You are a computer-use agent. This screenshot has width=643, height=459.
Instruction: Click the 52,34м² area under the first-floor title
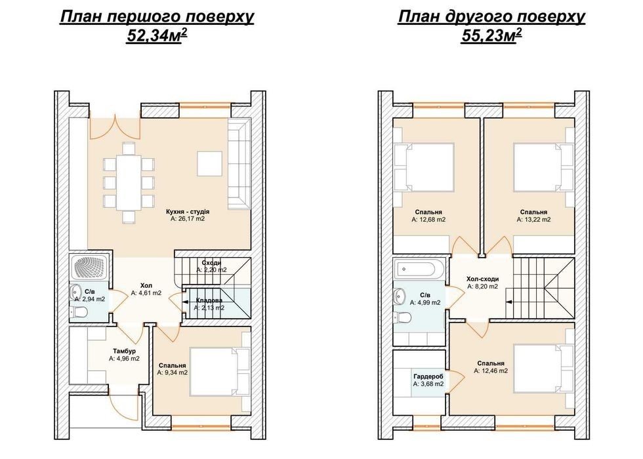point(157,36)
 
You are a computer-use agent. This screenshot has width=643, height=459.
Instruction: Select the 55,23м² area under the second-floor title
point(491,36)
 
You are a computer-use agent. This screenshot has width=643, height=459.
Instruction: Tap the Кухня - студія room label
point(188,212)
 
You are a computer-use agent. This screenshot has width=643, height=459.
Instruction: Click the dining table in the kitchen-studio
point(129,182)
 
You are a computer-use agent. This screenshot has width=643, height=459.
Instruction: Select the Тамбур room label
point(124,351)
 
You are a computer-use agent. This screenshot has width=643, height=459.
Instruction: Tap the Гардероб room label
point(428,376)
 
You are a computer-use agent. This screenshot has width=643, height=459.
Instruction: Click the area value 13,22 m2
point(534,220)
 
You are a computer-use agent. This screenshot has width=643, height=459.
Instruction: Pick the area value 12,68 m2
point(428,220)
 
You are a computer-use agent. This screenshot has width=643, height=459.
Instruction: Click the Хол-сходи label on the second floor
point(483,279)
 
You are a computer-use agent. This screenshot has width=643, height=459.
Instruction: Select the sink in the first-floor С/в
point(75,291)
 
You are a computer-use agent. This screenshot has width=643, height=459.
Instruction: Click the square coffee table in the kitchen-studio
point(210,163)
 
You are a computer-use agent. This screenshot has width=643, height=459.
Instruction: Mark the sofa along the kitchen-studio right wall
point(239,163)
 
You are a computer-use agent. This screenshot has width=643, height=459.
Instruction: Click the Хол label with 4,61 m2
point(146,286)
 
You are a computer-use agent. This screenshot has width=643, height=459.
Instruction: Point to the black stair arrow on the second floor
point(509,302)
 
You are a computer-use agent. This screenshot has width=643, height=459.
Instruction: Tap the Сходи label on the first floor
point(211,263)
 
